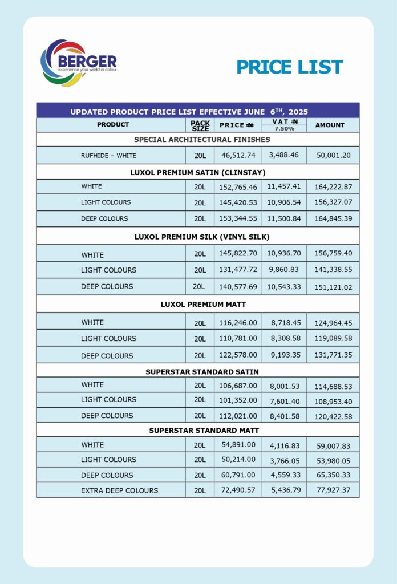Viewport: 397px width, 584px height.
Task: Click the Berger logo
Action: pos(78,63)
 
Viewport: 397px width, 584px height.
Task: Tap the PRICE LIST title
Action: pos(289,67)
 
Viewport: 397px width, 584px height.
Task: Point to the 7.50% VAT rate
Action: pos(284,129)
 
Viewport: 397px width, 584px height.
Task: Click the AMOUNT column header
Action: pos(330,125)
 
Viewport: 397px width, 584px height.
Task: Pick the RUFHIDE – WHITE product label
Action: pos(108,155)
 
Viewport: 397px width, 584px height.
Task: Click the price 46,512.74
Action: pos(238,155)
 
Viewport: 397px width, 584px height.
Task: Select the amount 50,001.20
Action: pos(333,155)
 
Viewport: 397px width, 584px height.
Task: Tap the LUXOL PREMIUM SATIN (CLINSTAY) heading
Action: pos(198,172)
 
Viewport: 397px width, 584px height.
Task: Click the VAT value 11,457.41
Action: pos(284,186)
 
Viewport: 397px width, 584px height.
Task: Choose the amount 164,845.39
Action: pos(333,219)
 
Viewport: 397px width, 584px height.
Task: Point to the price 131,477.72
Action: pos(238,270)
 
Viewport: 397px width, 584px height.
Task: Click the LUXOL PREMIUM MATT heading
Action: pos(198,304)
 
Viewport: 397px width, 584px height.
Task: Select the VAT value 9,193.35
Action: pos(284,355)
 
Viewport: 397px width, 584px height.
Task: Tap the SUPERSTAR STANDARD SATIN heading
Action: pos(202,372)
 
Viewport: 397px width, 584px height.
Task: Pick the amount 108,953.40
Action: pos(333,401)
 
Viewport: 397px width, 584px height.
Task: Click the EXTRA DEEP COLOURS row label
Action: pos(119,490)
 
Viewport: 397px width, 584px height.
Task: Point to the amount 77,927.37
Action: pos(333,490)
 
